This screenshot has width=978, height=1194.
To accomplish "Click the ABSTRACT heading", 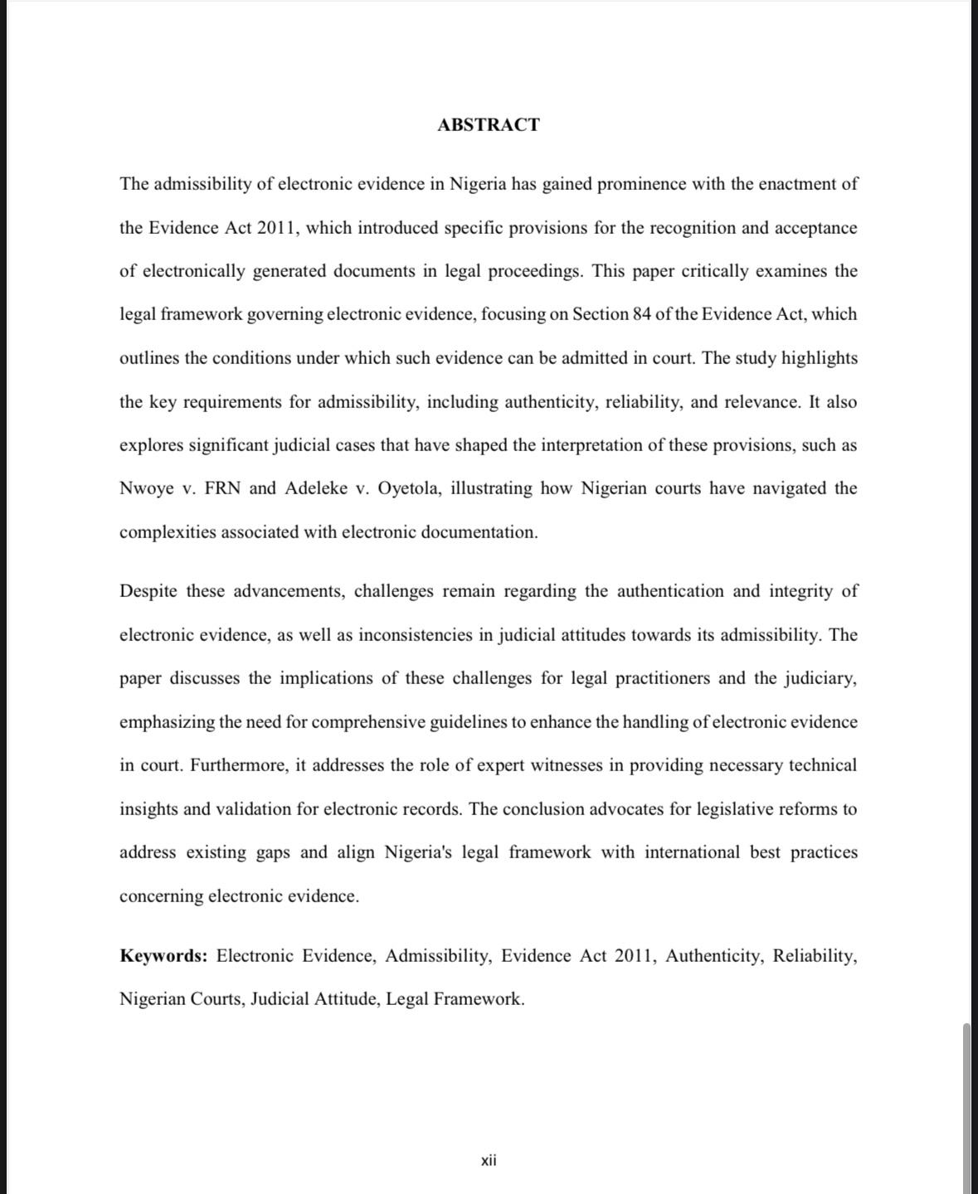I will (x=489, y=125).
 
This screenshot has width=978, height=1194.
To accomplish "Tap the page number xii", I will (x=489, y=1160).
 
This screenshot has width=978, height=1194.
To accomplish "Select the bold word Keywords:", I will (x=163, y=956).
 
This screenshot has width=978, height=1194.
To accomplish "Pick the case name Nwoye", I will (x=146, y=488).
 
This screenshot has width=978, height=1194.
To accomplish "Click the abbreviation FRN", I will (x=222, y=488).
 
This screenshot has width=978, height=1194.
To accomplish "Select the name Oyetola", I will (x=410, y=488).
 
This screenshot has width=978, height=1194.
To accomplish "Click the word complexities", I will (x=167, y=532).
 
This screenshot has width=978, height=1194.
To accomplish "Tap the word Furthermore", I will (x=239, y=765).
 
